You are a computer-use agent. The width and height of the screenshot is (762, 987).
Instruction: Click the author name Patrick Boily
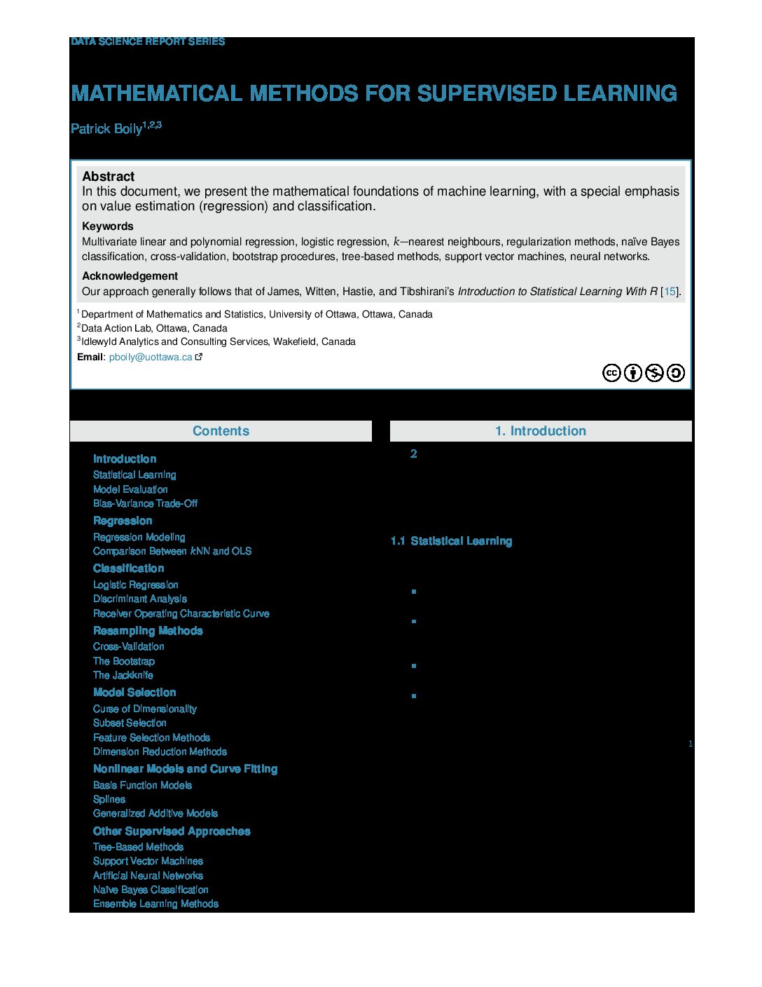[106, 129]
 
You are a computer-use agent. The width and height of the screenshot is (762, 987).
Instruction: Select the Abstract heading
[109, 177]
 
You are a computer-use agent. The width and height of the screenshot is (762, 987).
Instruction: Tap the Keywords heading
[107, 226]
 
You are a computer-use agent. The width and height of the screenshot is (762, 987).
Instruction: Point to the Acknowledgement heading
[130, 276]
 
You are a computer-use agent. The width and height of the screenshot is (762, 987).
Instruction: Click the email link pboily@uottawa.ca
[151, 357]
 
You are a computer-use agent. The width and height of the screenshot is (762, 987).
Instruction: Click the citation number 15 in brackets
[670, 292]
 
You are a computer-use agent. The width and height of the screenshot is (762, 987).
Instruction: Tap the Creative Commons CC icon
[611, 373]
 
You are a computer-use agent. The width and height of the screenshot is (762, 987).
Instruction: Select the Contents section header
[221, 431]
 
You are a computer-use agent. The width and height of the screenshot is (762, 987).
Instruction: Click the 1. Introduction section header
[540, 431]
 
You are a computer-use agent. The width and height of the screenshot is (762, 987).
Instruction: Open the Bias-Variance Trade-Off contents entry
[145, 503]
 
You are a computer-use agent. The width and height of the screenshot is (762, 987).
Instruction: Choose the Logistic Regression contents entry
[135, 585]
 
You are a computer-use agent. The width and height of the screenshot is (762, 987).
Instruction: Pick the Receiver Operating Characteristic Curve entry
[181, 613]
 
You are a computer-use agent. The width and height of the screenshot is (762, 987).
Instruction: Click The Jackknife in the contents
[123, 675]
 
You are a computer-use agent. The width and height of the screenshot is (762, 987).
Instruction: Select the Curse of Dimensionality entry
[144, 709]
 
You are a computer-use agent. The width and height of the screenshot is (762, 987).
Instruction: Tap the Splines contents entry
[109, 799]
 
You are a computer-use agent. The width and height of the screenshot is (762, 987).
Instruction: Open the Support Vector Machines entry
[148, 861]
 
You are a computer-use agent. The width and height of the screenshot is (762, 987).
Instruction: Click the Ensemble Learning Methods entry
[155, 904]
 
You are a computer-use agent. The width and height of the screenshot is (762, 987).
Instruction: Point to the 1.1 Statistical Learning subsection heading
[451, 541]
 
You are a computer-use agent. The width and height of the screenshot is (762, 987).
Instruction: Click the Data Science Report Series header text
[148, 42]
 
